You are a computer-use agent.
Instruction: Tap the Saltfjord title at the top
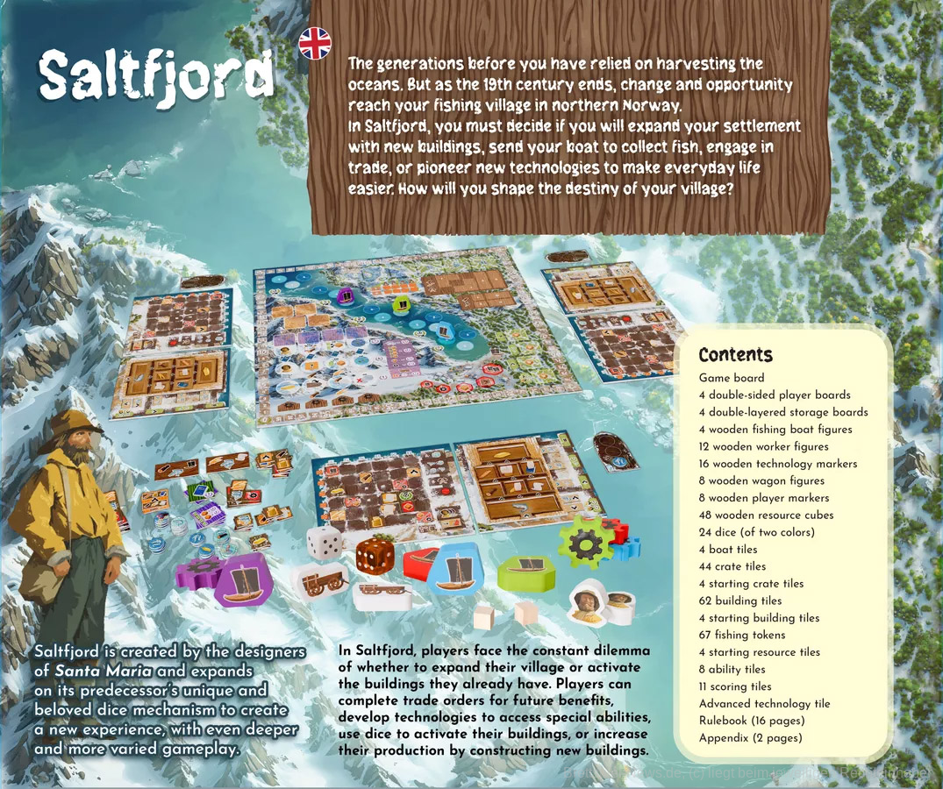(155, 76)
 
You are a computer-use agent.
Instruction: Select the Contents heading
(735, 355)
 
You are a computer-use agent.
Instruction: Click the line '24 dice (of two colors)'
(756, 532)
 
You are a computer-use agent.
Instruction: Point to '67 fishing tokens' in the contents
(742, 635)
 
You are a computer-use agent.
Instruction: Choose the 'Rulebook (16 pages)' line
(752, 721)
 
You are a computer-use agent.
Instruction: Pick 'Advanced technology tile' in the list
(764, 703)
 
